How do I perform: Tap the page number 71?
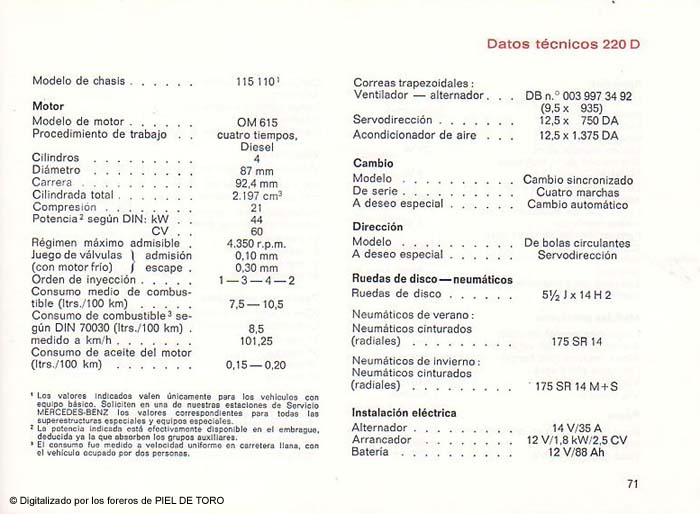tap(632, 484)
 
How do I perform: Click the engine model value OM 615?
tap(257, 122)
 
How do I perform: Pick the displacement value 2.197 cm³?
tap(257, 195)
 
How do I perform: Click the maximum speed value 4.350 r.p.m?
tap(257, 243)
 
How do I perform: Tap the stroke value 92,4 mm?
tap(257, 183)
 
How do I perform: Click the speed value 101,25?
tap(257, 339)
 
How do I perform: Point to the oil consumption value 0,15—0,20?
tap(257, 364)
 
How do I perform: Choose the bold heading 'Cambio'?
tap(373, 163)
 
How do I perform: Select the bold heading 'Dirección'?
tap(378, 227)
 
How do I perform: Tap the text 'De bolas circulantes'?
tap(577, 243)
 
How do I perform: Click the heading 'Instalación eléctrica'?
tap(404, 412)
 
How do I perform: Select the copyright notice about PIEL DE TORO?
tap(117, 500)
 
